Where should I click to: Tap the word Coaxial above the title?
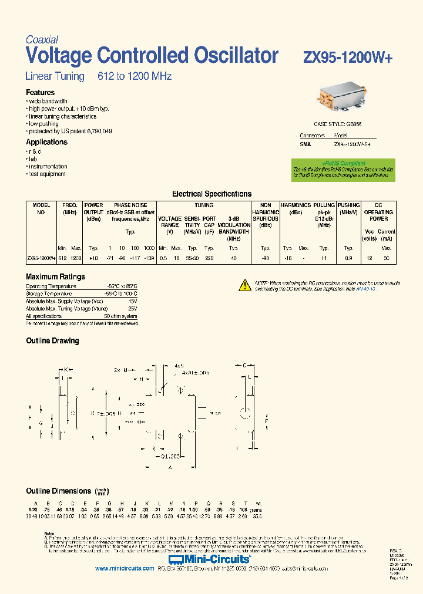click(x=42, y=40)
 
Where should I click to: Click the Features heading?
click(x=41, y=93)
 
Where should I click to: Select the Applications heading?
click(x=46, y=142)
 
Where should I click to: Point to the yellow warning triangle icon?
click(x=245, y=285)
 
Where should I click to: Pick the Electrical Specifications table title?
click(x=211, y=194)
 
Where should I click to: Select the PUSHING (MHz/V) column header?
click(x=349, y=208)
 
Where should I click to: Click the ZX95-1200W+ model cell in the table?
click(x=41, y=258)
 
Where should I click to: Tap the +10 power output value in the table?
click(x=93, y=258)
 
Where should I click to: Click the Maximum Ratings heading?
click(x=55, y=276)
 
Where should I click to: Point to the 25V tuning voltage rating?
click(x=133, y=308)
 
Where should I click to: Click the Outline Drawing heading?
click(x=52, y=340)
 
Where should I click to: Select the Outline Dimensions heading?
click(x=59, y=491)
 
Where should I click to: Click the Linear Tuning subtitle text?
click(x=55, y=76)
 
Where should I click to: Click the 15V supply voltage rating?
click(x=133, y=301)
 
